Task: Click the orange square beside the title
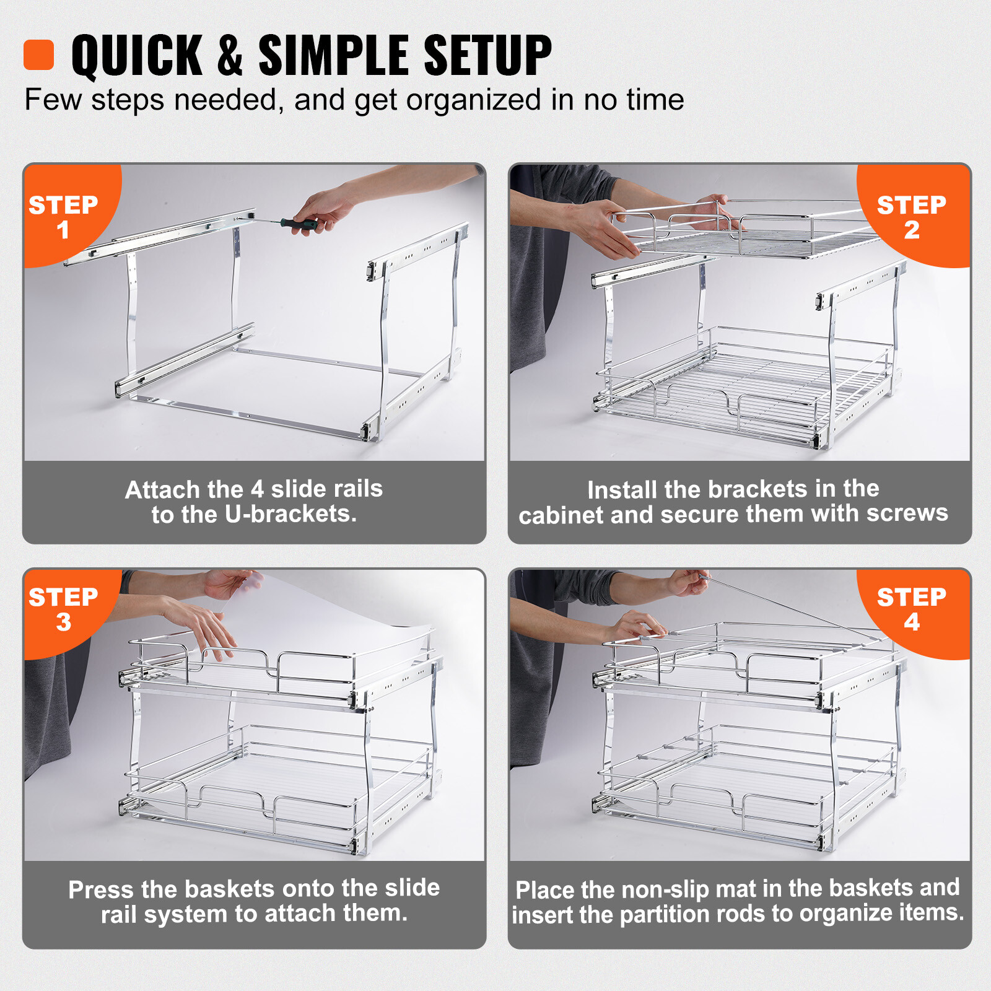pyautogui.click(x=38, y=55)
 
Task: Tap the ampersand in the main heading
pyautogui.click(x=230, y=56)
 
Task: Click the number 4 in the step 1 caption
pyautogui.click(x=258, y=489)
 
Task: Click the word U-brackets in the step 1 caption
pyautogui.click(x=290, y=514)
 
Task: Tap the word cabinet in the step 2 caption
pyautogui.click(x=561, y=515)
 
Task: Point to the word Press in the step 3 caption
pyautogui.click(x=101, y=889)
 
